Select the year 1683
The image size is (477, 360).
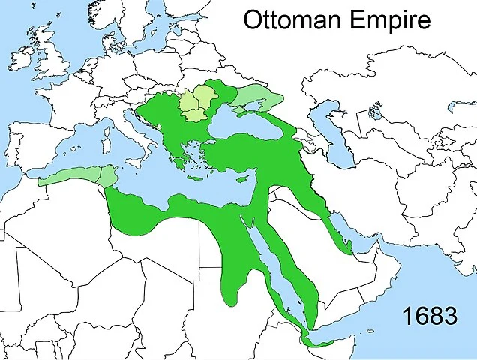click(x=429, y=316)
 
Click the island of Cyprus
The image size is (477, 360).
click(x=242, y=181)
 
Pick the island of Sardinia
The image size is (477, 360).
click(x=104, y=145)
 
